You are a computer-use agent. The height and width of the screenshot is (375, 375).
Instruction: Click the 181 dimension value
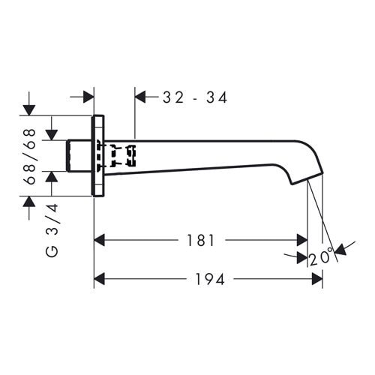pos(201,240)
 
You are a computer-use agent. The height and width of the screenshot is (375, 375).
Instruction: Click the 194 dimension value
pos(210,279)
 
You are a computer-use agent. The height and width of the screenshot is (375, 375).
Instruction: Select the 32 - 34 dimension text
pos(195,97)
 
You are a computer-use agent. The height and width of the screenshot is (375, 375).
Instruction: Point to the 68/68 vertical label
pos(31,157)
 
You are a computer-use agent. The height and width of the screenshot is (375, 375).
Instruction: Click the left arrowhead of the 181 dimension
pos(99,240)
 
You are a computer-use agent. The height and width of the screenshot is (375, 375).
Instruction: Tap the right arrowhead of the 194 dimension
pos(317,279)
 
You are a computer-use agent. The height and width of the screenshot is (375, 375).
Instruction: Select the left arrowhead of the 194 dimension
pos(99,279)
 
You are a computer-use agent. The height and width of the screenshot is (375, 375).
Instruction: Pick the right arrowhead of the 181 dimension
pos(301,240)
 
